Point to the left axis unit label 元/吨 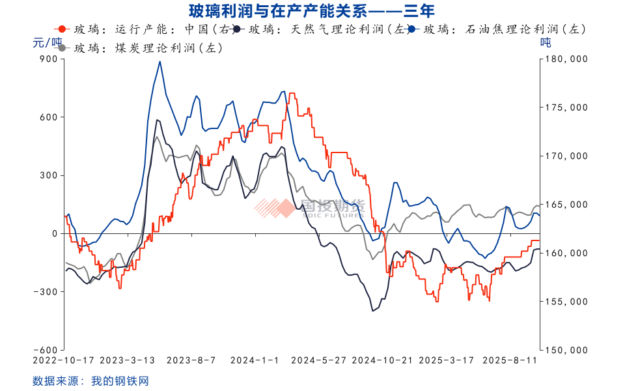[x=46, y=43]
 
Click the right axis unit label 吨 [x=546, y=43]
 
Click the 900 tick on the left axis [x=49, y=59]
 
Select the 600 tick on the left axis [x=49, y=117]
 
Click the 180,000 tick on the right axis [x=564, y=59]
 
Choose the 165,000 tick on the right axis [x=564, y=205]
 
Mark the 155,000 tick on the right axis [x=564, y=302]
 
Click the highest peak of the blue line [x=160, y=62]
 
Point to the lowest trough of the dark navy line [x=372, y=311]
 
